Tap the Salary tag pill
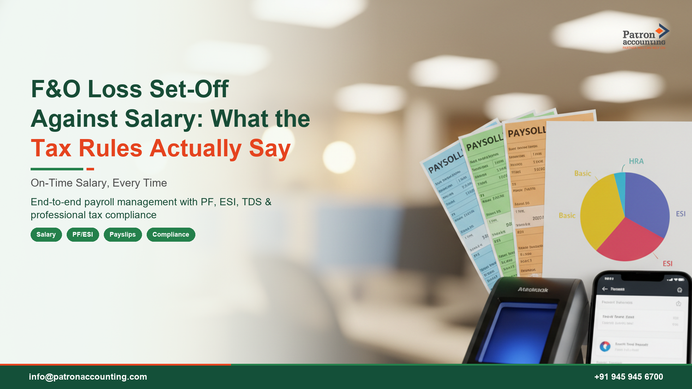click(x=46, y=234)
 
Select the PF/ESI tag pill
click(x=83, y=234)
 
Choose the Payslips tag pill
click(x=123, y=234)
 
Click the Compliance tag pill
click(x=171, y=234)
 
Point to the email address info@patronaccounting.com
click(x=88, y=377)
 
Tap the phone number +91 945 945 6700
click(x=629, y=377)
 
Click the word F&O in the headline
click(x=56, y=89)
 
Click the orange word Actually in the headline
click(x=195, y=148)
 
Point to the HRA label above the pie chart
click(x=636, y=161)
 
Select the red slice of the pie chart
click(x=629, y=241)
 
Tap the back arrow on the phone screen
click(x=605, y=289)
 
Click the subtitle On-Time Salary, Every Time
click(x=99, y=183)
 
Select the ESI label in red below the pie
click(x=667, y=264)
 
